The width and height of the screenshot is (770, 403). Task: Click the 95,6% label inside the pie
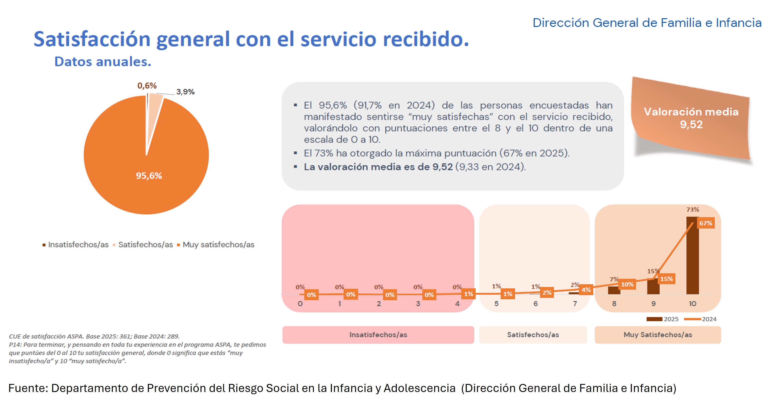click(149, 176)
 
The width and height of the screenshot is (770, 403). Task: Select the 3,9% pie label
click(185, 92)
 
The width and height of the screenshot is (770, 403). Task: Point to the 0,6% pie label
click(147, 86)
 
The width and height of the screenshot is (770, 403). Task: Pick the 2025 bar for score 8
click(614, 290)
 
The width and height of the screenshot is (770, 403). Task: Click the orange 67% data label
click(706, 223)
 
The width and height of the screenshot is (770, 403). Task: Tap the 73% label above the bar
click(693, 210)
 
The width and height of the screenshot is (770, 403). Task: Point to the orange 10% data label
click(627, 284)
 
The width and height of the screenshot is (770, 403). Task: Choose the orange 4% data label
click(586, 290)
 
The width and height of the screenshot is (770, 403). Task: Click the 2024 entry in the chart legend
click(700, 319)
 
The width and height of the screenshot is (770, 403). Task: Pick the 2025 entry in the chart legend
click(662, 319)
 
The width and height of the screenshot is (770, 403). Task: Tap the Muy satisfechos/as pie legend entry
click(215, 244)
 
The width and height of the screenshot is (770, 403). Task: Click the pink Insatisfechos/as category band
click(378, 335)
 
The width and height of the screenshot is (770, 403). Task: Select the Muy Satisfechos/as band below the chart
click(658, 335)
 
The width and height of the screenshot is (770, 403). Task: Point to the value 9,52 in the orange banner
click(691, 124)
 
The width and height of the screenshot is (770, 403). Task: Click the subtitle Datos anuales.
click(103, 62)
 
